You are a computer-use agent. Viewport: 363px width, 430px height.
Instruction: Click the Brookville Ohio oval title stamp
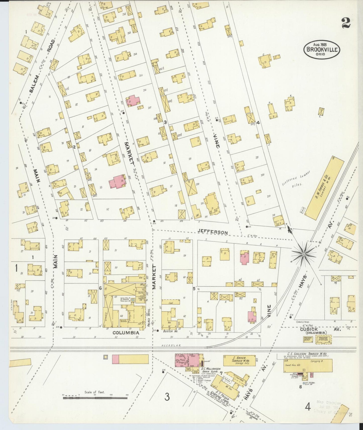pyautogui.click(x=322, y=49)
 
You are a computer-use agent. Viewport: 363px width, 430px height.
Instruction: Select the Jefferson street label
pyautogui.click(x=213, y=232)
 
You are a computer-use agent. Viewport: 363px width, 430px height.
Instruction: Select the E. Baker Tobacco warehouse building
pyautogui.click(x=239, y=361)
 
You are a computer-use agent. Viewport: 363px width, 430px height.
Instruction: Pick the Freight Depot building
pyautogui.click(x=308, y=339)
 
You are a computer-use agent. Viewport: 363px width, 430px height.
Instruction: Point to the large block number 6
pyautogui.click(x=100, y=288)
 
